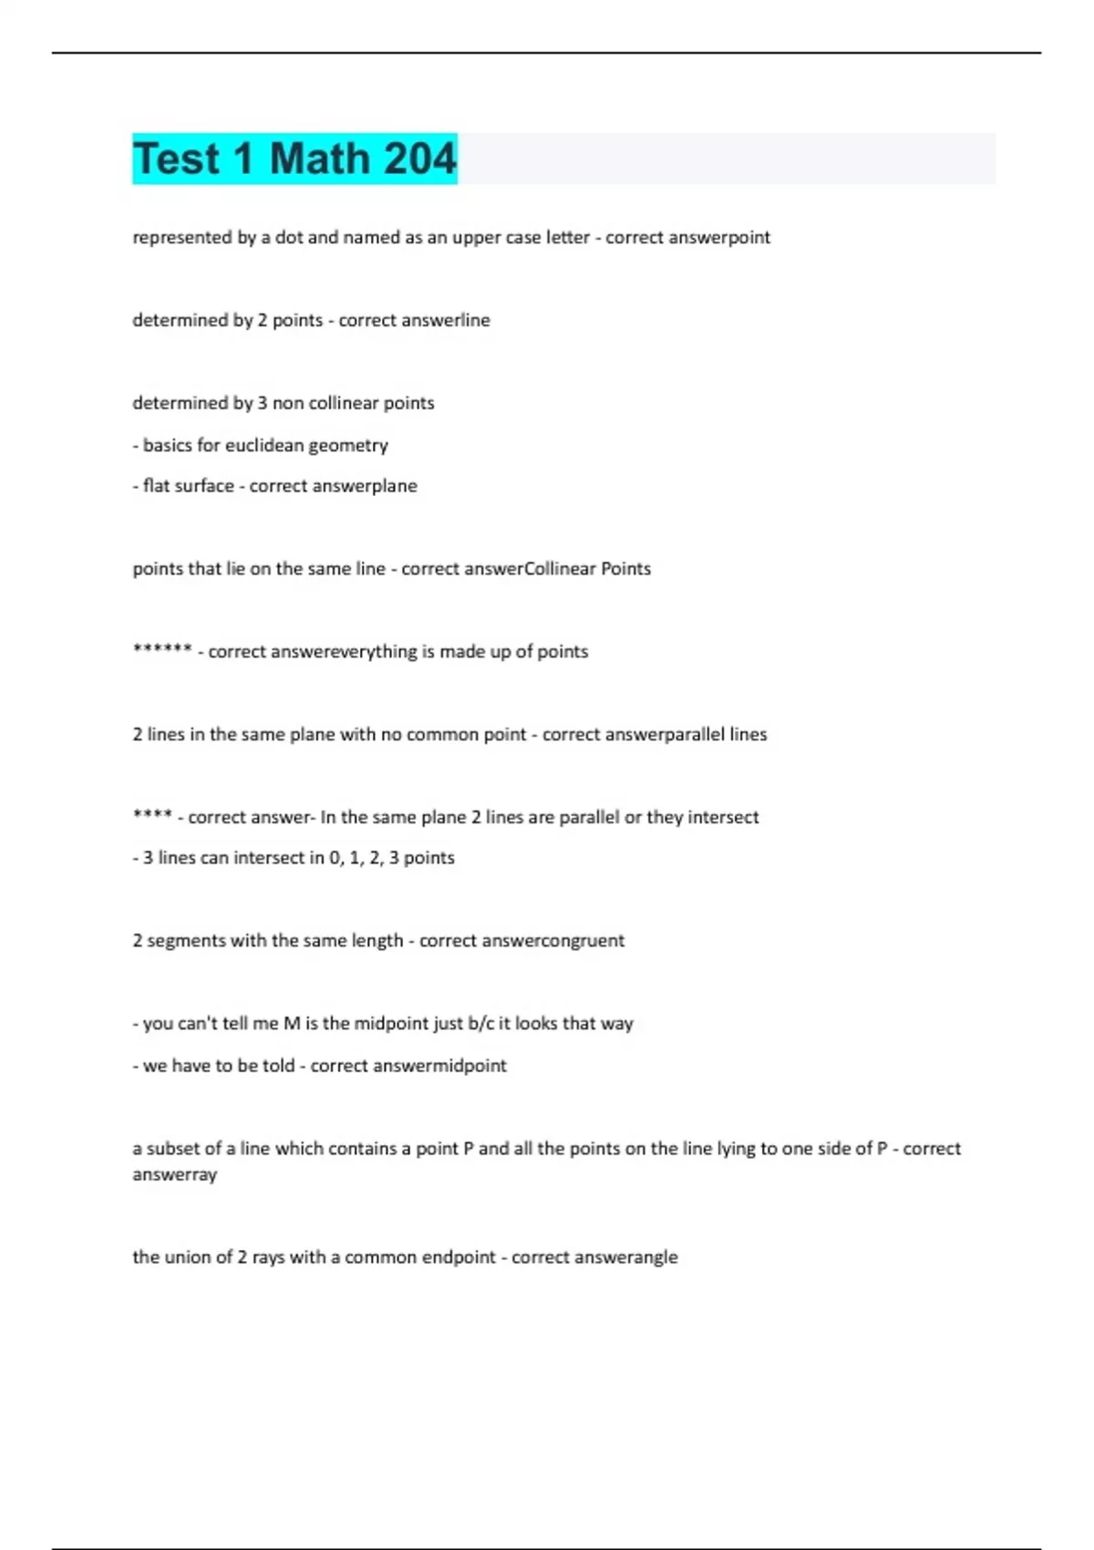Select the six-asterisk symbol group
pyautogui.click(x=162, y=650)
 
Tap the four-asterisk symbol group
pyautogui.click(x=152, y=815)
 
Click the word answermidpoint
pyautogui.click(x=456, y=1065)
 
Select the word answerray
pyautogui.click(x=175, y=1174)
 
